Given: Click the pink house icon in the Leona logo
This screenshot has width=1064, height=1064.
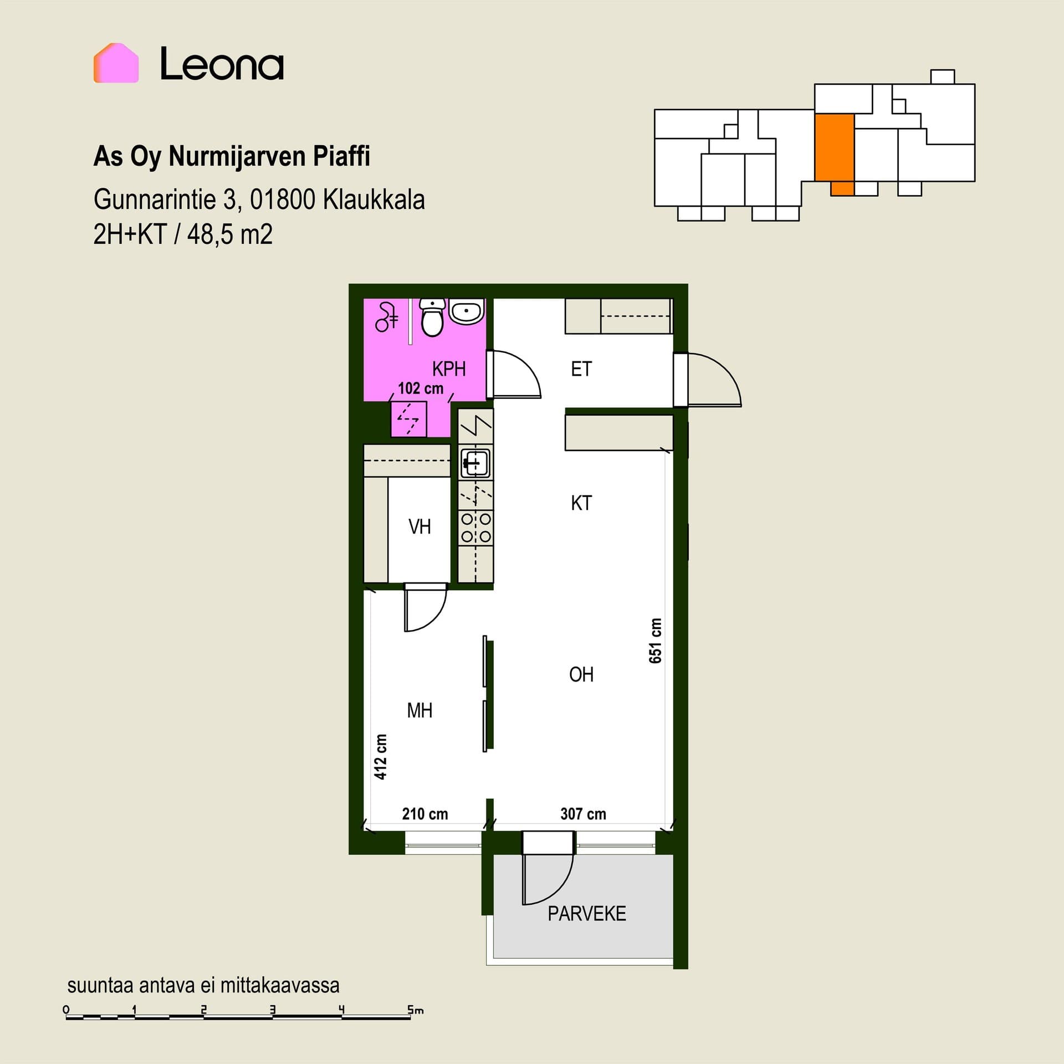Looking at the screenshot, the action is [x=116, y=63].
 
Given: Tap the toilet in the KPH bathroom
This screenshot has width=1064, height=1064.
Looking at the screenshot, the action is [x=432, y=317].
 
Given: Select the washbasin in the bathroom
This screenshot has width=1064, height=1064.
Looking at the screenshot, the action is [x=466, y=311].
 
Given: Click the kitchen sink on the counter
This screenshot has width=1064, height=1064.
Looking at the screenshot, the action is [x=475, y=462].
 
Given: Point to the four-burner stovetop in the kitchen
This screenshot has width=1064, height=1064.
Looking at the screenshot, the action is [x=476, y=528].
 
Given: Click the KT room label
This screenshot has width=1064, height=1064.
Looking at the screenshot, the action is [x=581, y=503].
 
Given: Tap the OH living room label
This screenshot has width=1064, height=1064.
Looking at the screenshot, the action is [x=581, y=674].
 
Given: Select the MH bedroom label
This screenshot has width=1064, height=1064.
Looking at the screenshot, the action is [x=420, y=710].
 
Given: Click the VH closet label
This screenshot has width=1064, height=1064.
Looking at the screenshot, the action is [x=420, y=526].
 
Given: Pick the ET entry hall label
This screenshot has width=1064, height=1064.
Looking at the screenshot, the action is [x=581, y=369].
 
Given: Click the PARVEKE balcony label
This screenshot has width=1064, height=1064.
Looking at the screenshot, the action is [x=587, y=914].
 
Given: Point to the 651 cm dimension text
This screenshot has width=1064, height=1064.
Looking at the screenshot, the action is [x=655, y=641].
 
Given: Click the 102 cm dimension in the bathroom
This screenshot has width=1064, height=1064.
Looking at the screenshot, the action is [x=421, y=388].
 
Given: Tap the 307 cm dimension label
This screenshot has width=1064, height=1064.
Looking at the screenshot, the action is [x=583, y=814].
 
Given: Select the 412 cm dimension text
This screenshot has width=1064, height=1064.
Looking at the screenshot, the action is [x=380, y=757].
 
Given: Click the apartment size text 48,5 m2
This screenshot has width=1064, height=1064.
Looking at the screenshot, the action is [x=229, y=234].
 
